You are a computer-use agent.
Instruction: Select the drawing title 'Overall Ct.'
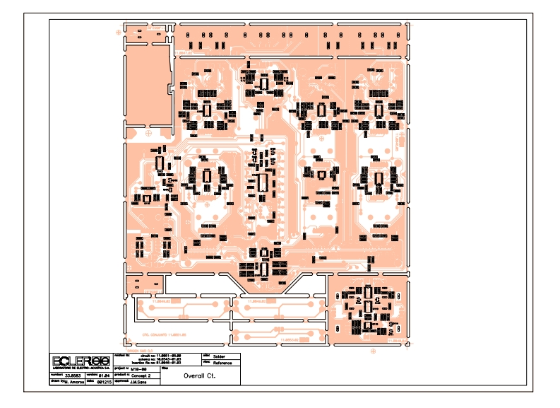coord(199,376)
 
